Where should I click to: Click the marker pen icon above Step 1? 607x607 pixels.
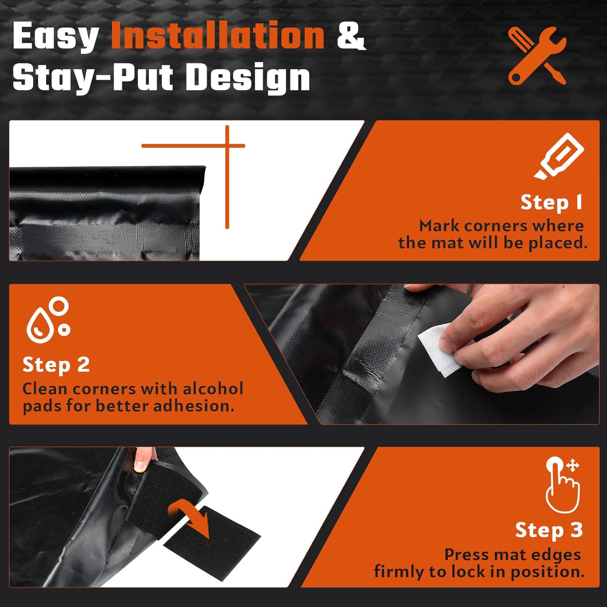(x=559, y=156)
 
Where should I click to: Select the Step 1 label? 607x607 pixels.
(x=552, y=202)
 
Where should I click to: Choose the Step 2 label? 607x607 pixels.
(x=56, y=365)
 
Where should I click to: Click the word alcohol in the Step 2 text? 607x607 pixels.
(x=213, y=388)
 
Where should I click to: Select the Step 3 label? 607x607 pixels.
(x=549, y=530)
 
